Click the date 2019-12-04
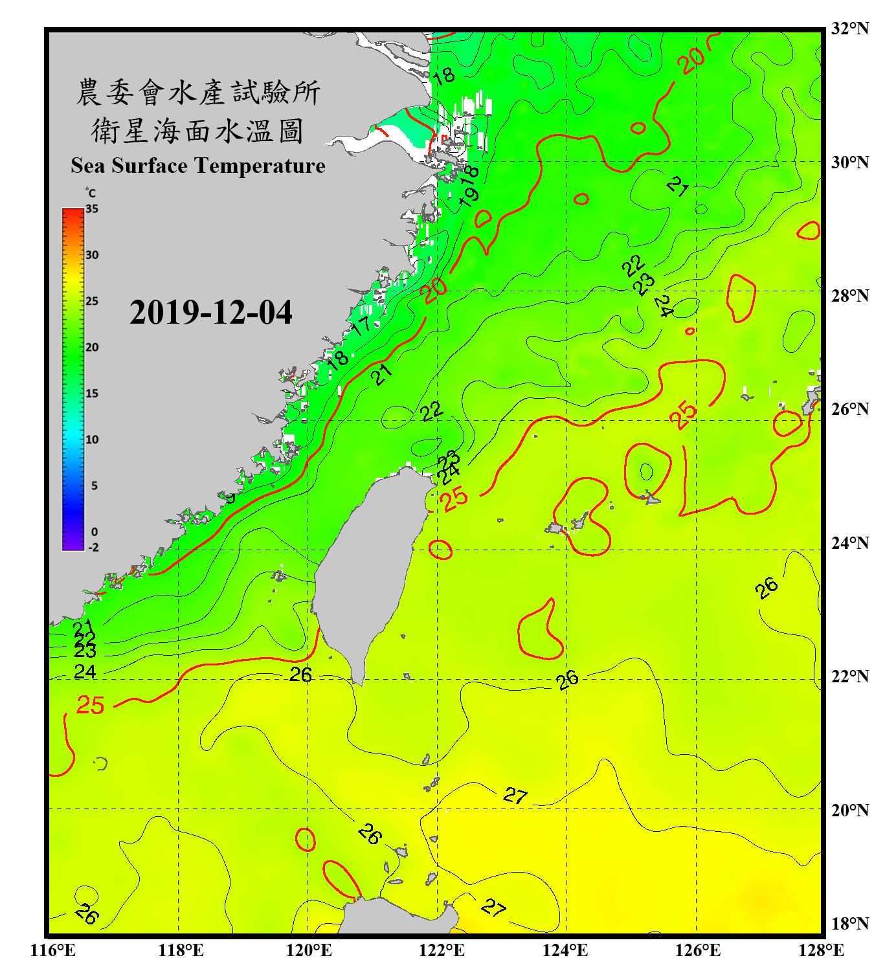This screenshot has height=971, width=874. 211,313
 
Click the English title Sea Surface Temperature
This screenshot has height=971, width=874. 198,166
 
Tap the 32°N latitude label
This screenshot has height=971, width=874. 850,28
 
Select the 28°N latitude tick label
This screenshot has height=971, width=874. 850,296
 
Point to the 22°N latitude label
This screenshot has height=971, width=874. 850,676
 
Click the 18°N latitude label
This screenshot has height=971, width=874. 850,924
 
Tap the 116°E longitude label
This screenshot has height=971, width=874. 52,950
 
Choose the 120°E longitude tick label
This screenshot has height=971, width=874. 309,950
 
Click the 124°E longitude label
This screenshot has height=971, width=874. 565,950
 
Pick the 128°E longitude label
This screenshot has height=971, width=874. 821,950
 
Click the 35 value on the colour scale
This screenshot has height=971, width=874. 92,209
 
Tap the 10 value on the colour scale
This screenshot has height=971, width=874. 92,440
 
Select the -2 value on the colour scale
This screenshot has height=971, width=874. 93,547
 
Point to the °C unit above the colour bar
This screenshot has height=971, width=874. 91,193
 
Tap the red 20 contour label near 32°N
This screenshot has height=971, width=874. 691,61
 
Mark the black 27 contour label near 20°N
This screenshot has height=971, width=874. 515,795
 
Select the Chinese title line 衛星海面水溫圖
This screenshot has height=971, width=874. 197,131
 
